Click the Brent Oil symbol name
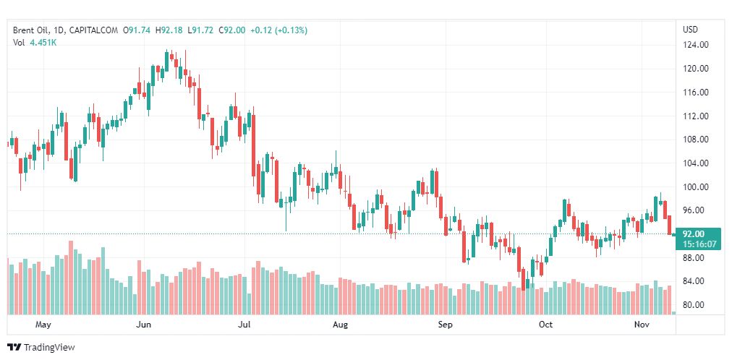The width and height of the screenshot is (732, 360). point(31,30)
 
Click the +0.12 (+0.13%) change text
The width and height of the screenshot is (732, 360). point(278,30)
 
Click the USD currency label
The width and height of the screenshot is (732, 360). point(690,30)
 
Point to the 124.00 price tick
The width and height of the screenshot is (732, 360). point(695,45)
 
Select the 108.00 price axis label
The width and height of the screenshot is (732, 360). point(695,140)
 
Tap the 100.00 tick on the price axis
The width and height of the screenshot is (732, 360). point(695,187)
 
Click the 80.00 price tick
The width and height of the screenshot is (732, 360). point(695,304)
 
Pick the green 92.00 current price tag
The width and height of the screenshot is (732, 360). point(694,233)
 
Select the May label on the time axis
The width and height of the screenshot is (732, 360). point(43,325)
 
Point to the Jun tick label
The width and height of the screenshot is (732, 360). point(142,325)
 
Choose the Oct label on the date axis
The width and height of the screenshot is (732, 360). point(546,325)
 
